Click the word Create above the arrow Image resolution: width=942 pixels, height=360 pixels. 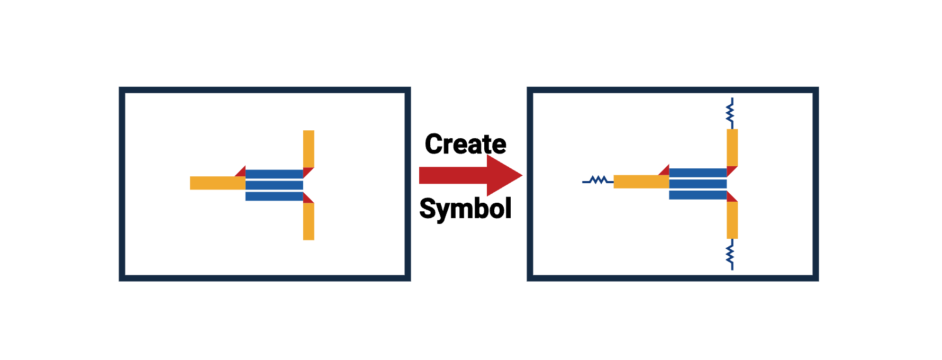click(465, 144)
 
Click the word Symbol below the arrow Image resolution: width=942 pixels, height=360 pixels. click(465, 208)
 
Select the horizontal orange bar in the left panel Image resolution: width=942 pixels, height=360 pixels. click(217, 183)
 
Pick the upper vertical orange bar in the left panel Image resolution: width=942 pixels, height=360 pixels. click(309, 149)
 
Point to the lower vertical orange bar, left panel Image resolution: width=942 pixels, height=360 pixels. click(309, 221)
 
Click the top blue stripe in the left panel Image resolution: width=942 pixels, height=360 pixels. click(274, 174)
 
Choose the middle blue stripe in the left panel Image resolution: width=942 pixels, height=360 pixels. click(274, 185)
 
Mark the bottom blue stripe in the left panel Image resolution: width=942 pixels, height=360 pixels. click(274, 196)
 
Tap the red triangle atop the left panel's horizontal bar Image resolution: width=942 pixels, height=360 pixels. click(241, 172)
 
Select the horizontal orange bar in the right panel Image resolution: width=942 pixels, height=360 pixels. click(641, 182)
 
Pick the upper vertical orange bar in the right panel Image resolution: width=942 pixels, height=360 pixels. click(732, 147)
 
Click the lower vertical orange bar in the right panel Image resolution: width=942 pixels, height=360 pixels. click(732, 220)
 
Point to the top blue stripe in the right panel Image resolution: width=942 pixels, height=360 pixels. click(698, 173)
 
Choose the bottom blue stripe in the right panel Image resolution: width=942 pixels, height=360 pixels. click(698, 195)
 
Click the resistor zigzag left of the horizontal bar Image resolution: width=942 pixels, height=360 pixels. click(599, 181)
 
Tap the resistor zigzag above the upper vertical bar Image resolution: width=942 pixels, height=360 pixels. click(730, 113)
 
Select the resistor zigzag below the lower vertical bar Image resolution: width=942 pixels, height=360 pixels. click(730, 255)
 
